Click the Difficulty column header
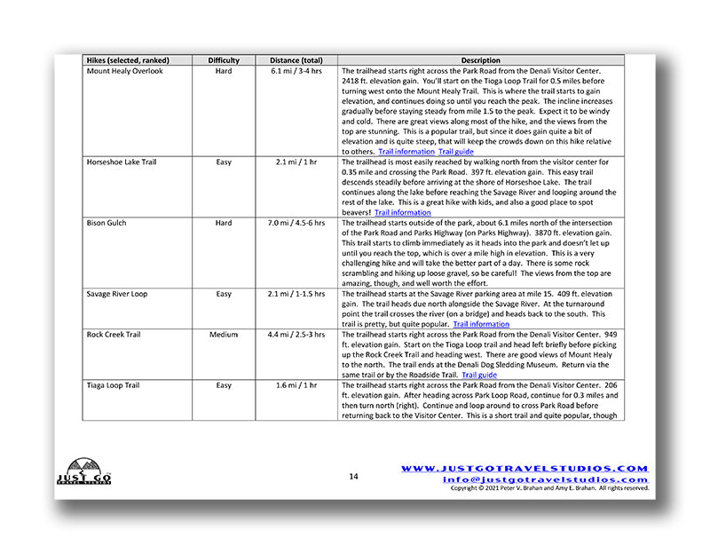[224, 60]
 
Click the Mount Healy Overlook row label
[125, 71]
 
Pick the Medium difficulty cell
[224, 335]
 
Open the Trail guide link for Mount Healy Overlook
[456, 152]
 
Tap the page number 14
[353, 477]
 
